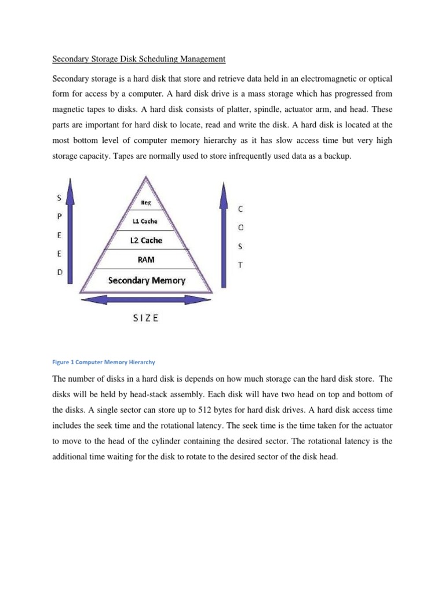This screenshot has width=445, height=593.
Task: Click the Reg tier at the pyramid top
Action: click(146, 203)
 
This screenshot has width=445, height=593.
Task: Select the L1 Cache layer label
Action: click(145, 221)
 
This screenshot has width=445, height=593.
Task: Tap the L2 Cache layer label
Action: click(145, 240)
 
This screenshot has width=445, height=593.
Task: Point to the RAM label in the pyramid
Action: click(145, 260)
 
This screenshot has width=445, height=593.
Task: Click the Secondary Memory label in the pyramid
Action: click(147, 280)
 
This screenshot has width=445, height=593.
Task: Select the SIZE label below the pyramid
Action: click(145, 319)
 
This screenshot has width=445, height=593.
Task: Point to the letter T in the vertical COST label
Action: click(241, 263)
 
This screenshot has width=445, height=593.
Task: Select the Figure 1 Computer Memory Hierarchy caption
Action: click(104, 362)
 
